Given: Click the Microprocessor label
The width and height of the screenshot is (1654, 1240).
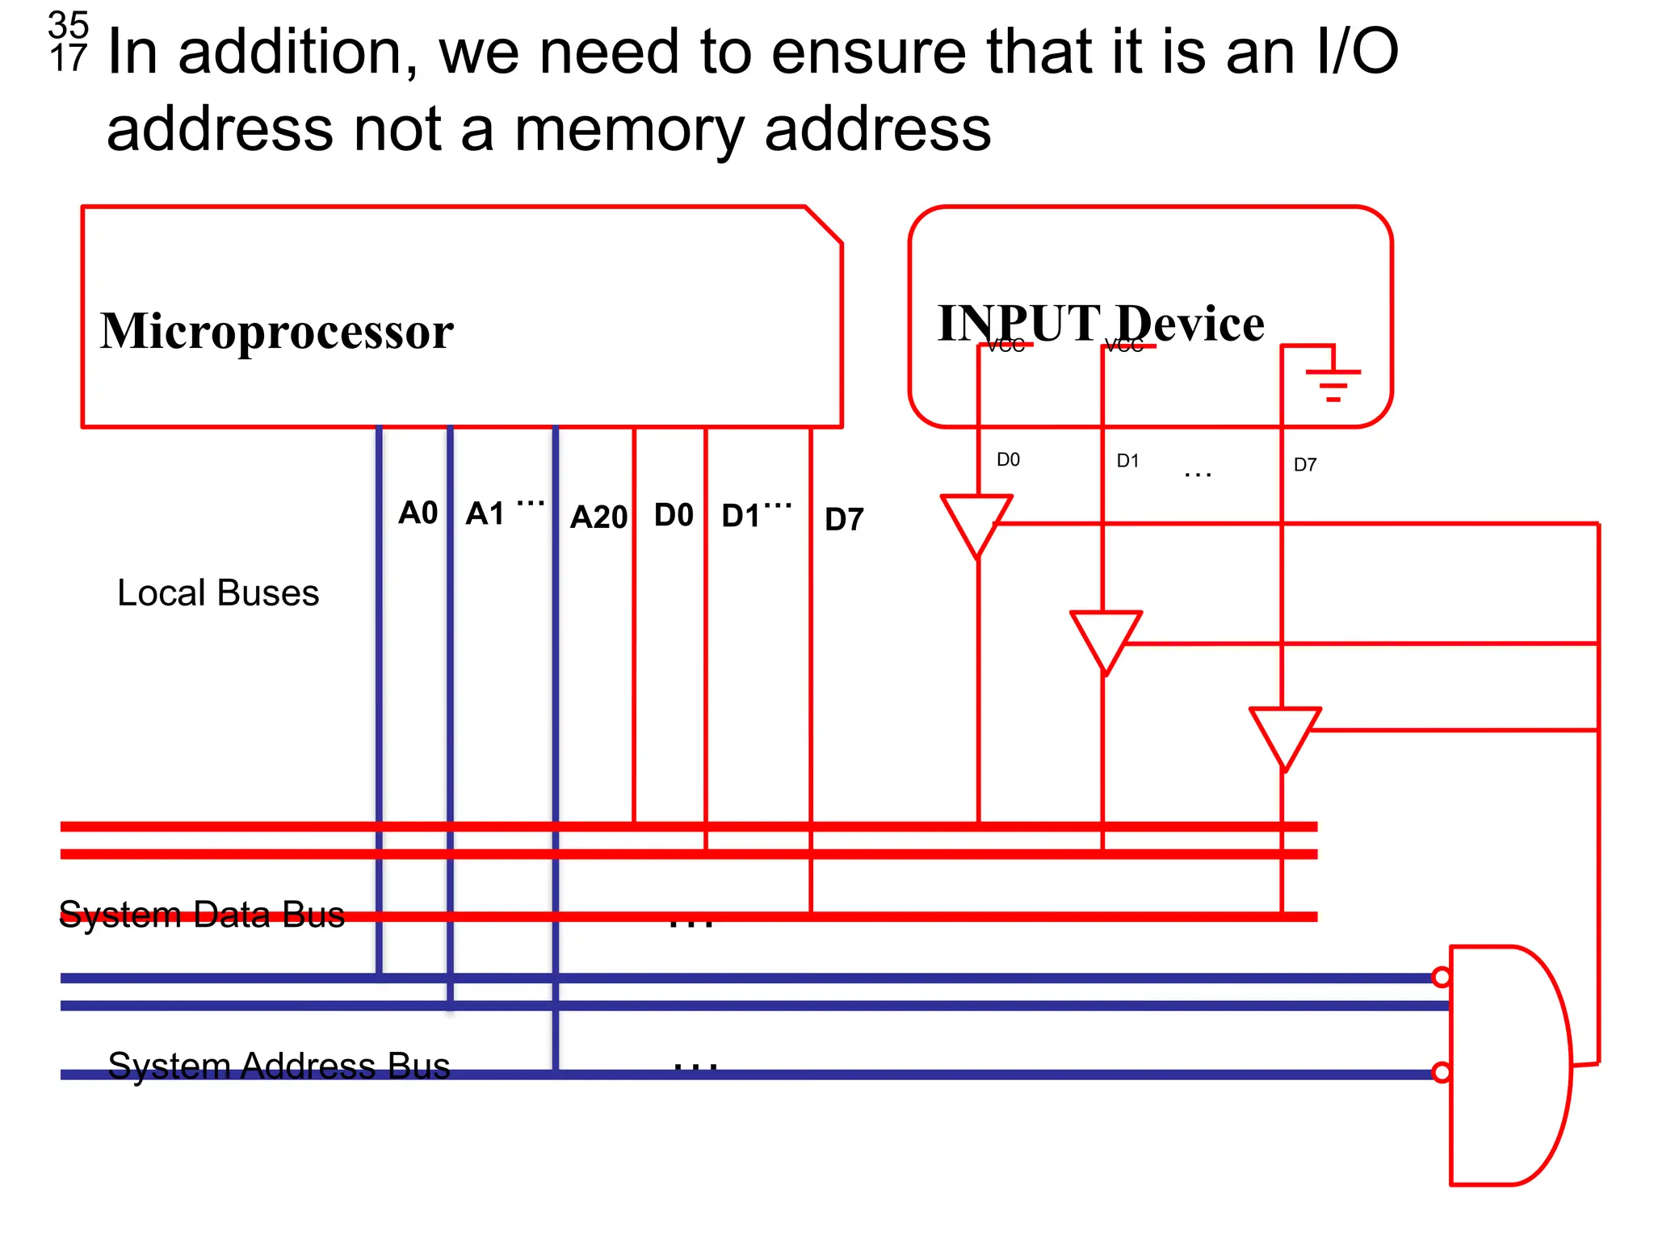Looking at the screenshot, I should [x=276, y=331].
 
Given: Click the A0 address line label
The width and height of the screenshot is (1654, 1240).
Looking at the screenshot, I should [x=418, y=513].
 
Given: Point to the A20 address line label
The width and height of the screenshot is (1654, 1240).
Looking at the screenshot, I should [x=598, y=517].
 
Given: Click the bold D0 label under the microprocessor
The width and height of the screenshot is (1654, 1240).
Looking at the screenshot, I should [x=674, y=515].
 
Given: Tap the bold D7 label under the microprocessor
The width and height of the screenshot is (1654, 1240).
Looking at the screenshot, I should [x=844, y=519].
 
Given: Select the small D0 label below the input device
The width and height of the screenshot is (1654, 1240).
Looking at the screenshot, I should [x=1008, y=460].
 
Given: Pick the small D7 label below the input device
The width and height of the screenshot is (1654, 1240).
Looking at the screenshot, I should [x=1304, y=465].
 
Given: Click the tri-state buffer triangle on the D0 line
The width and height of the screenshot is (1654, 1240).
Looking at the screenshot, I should [x=976, y=522].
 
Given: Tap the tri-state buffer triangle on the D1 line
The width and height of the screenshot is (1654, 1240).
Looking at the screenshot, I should [x=1106, y=638].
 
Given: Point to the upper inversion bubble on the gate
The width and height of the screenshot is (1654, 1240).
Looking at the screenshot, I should [x=1441, y=978].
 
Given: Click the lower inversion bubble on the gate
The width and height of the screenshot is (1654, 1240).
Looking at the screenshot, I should [x=1441, y=1073].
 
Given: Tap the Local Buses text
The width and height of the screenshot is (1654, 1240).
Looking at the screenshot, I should [x=218, y=593].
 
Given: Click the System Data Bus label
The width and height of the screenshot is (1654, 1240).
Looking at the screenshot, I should [x=202, y=915].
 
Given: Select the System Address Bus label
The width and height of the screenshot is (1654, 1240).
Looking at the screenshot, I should [x=279, y=1066].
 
